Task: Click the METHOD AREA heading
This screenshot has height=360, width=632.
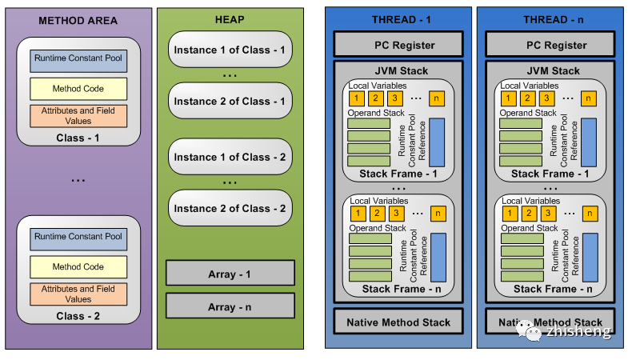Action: (78, 20)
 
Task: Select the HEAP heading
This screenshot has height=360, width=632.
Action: (230, 20)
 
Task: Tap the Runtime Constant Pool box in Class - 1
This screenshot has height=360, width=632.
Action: (78, 58)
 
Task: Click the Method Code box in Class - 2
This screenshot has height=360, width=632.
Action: (78, 266)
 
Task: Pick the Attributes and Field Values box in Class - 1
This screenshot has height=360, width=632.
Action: (78, 115)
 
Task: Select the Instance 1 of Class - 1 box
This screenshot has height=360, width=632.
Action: (230, 50)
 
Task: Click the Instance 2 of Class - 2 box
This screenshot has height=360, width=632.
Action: (230, 208)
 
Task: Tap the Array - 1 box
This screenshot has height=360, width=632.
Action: (230, 274)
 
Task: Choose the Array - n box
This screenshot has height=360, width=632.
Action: (230, 306)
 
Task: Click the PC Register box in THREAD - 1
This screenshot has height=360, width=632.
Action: (398, 45)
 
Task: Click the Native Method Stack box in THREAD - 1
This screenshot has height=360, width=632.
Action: (398, 322)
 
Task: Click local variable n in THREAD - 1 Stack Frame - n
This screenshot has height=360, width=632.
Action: (437, 214)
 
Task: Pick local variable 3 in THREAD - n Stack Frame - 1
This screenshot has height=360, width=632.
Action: (547, 98)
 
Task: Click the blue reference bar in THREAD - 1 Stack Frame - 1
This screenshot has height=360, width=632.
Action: (437, 142)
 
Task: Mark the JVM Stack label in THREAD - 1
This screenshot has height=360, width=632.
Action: (398, 70)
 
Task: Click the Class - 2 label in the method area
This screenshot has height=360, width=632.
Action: (78, 315)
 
